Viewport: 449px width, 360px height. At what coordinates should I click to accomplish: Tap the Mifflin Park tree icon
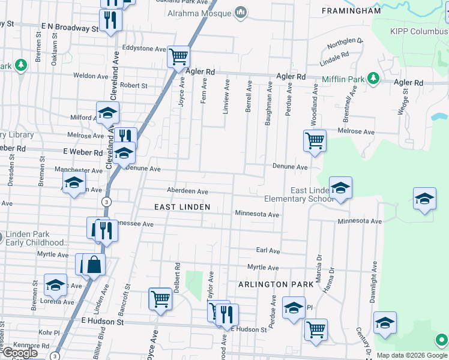pyautogui.click(x=373, y=78)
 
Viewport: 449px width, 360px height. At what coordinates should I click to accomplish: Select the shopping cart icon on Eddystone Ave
pyautogui.click(x=178, y=57)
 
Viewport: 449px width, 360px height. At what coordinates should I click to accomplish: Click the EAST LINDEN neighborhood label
pyautogui.click(x=182, y=207)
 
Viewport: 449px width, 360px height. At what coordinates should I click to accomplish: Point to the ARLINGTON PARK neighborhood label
pyautogui.click(x=276, y=284)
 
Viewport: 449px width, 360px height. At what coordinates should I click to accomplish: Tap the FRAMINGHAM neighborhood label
pyautogui.click(x=351, y=11)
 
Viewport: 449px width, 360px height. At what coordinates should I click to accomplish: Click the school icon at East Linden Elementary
pyautogui.click(x=340, y=188)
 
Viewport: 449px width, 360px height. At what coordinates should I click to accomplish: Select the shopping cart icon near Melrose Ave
pyautogui.click(x=315, y=141)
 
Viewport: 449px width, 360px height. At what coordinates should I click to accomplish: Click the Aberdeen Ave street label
pyautogui.click(x=187, y=191)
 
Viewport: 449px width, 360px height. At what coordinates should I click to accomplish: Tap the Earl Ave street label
pyautogui.click(x=268, y=250)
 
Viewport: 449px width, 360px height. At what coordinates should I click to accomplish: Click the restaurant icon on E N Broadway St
pyautogui.click(x=110, y=20)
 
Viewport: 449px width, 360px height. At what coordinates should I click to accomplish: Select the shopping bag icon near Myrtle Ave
pyautogui.click(x=94, y=265)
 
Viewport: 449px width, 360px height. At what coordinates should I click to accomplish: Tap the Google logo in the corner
pyautogui.click(x=20, y=353)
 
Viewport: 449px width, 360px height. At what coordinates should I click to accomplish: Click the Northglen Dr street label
pyautogui.click(x=346, y=43)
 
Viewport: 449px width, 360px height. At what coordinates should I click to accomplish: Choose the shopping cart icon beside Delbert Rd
pyautogui.click(x=160, y=299)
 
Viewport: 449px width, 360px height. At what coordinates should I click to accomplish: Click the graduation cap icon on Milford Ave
pyautogui.click(x=107, y=113)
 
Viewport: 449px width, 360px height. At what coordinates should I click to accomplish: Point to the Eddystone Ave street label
pyautogui.click(x=143, y=49)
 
